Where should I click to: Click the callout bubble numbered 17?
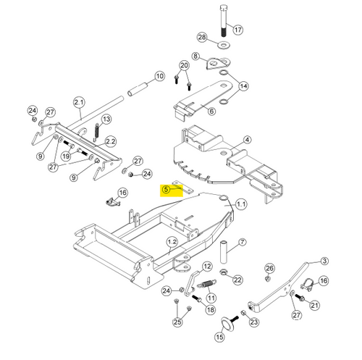pos(238,30)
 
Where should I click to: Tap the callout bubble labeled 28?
pos(202,37)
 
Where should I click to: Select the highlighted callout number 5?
pos(166,189)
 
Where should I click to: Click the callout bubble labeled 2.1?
pos(80,102)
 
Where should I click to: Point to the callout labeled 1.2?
pos(172,242)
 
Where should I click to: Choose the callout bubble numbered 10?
pos(159,76)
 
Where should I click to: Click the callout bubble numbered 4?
pos(247,140)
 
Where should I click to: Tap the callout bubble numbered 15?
pos(219,337)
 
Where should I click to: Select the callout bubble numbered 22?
pos(237,280)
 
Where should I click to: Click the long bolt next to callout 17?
pos(224,22)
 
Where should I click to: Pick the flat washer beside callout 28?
pos(223,45)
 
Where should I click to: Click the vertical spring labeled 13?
pos(96,132)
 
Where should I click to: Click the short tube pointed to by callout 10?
pos(138,90)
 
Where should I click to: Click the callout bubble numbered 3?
pos(324,261)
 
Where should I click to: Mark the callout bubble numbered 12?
pos(207,267)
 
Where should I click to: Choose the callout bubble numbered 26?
pos(269,268)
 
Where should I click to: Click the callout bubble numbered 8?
pos(195,56)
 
